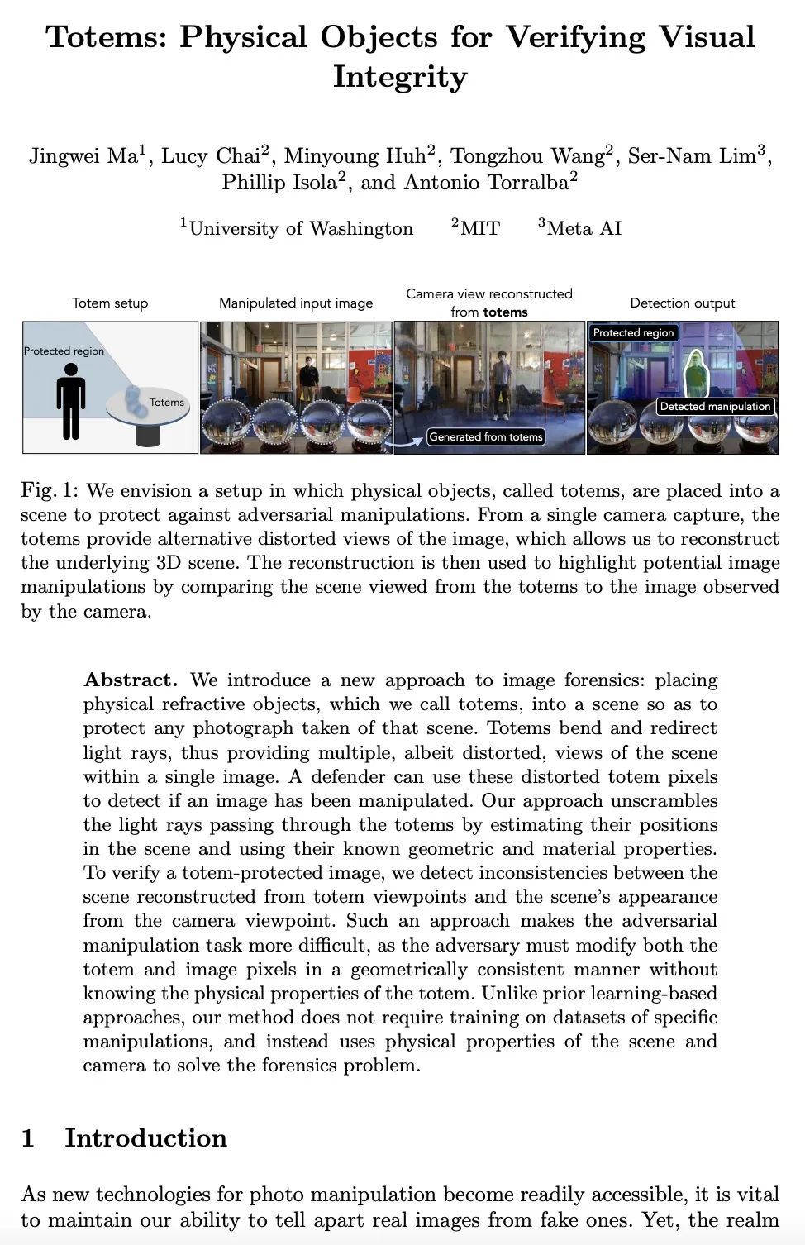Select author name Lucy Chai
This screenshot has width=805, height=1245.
click(x=212, y=156)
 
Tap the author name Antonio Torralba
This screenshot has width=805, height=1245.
click(x=487, y=183)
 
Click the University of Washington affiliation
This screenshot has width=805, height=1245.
click(x=301, y=229)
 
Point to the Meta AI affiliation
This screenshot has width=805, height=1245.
click(x=584, y=228)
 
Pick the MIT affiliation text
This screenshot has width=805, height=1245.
click(x=479, y=229)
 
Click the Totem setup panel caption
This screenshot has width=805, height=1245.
click(x=110, y=303)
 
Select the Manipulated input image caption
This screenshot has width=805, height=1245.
click(x=296, y=303)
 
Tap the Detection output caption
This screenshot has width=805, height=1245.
click(x=682, y=303)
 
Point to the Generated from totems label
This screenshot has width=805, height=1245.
click(x=486, y=436)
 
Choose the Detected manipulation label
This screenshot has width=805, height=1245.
click(x=715, y=406)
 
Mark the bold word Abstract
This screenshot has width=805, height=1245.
click(x=131, y=680)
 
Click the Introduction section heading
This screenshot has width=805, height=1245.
click(x=145, y=1138)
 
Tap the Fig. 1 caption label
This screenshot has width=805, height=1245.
click(x=50, y=491)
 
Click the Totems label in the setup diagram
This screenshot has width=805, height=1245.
click(x=167, y=403)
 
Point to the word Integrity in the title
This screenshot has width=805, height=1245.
click(x=400, y=77)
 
